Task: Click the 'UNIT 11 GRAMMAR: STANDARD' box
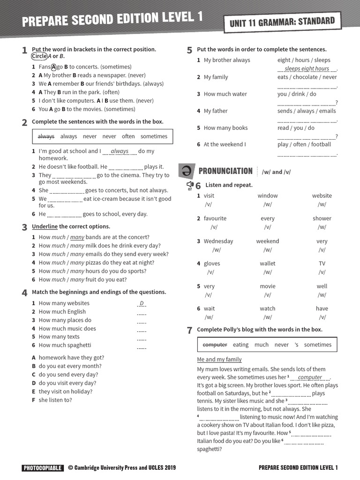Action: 282,22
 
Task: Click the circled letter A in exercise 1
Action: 53,67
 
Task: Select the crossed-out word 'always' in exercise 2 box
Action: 46,136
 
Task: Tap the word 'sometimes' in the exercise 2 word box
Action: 154,136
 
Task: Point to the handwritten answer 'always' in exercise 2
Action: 120,151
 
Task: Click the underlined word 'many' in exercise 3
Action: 77,237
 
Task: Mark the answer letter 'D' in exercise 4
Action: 142,303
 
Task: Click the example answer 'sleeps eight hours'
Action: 307,68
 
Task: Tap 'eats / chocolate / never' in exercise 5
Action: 307,77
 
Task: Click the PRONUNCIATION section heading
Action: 225,171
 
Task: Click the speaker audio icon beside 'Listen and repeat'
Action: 190,185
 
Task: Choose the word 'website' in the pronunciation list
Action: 322,195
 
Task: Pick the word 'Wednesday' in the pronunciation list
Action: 218,241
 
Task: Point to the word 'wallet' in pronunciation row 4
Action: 267,263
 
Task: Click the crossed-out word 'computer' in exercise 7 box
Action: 215,345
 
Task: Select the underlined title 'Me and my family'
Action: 219,360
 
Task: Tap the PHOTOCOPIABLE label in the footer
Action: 42,467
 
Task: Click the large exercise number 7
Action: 190,330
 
